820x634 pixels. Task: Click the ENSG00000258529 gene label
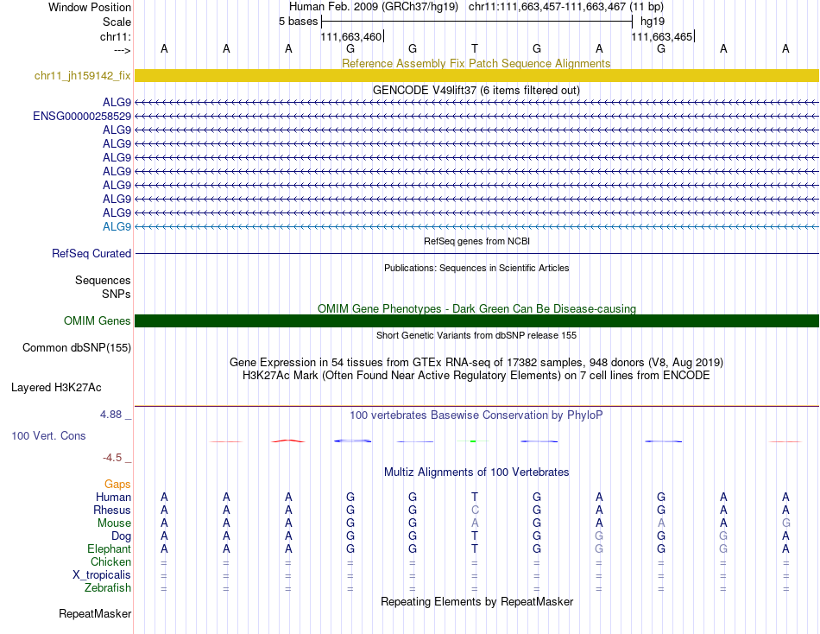coord(82,116)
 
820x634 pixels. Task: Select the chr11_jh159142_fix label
coord(83,76)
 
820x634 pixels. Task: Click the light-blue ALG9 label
coord(117,226)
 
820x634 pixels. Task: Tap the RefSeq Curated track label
coord(91,254)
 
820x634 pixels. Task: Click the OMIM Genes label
coord(98,321)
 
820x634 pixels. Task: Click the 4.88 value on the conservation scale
coord(111,415)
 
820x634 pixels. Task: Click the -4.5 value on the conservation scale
coord(113,458)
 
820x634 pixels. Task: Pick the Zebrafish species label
coord(108,588)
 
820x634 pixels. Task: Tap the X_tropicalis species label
coord(102,575)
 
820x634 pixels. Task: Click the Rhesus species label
coord(112,510)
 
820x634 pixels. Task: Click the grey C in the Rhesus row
coord(475,510)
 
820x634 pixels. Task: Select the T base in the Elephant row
coord(475,549)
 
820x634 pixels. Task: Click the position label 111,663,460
coord(350,37)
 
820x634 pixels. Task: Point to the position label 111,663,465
coord(661,37)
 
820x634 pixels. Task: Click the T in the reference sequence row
coord(475,49)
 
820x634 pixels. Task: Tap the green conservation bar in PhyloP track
coord(474,441)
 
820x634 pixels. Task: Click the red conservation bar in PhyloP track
coord(288,441)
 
